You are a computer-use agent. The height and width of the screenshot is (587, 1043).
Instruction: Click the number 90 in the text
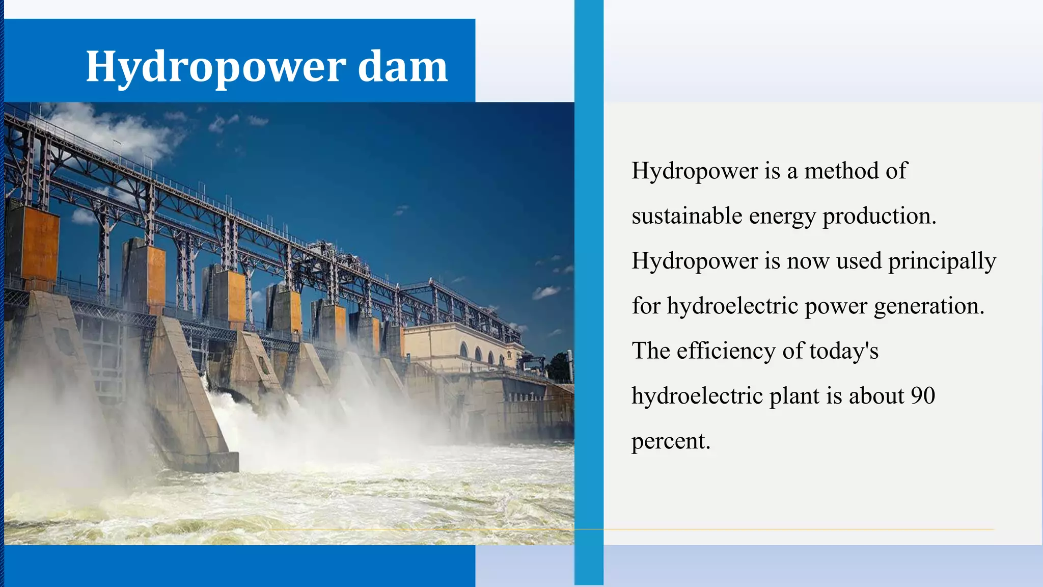pos(922,396)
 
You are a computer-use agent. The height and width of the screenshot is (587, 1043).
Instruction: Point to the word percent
pos(670,441)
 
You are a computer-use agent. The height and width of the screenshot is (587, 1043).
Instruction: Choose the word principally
pos(942,261)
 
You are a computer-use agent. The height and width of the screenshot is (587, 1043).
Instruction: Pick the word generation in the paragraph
pos(928,306)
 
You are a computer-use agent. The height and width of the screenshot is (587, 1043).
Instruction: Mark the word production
pos(879,216)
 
